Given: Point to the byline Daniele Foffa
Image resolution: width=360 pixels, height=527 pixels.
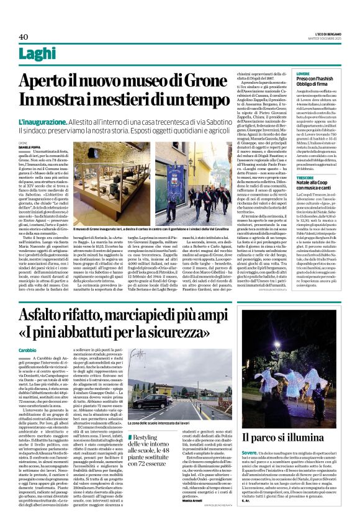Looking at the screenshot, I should tap(29, 147).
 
